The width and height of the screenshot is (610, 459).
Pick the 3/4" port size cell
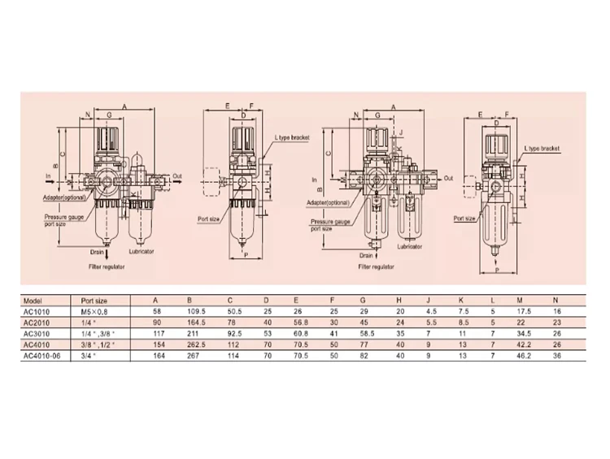[80, 354]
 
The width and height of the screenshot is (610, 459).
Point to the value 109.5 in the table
[194, 310]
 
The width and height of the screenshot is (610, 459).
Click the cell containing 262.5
[194, 344]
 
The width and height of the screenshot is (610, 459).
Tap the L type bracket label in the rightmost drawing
[542, 149]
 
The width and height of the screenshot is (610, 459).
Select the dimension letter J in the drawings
[401, 130]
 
